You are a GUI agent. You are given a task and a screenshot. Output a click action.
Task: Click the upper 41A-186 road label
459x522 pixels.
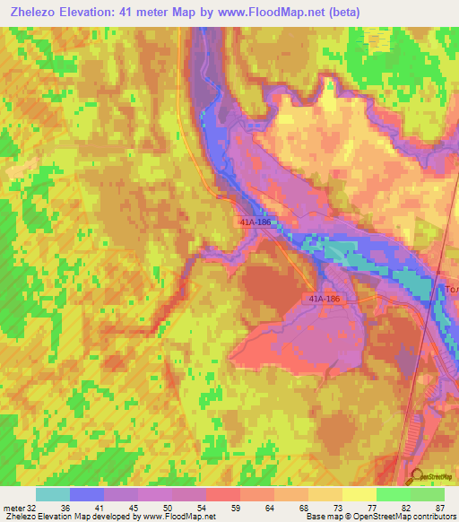click(x=256, y=220)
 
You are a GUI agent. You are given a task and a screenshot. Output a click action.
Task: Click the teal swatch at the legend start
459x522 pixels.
click(x=53, y=494)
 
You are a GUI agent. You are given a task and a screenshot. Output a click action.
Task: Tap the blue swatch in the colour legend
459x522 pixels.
click(x=87, y=494)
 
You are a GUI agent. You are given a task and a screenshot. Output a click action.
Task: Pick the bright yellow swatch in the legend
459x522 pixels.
click(x=359, y=494)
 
